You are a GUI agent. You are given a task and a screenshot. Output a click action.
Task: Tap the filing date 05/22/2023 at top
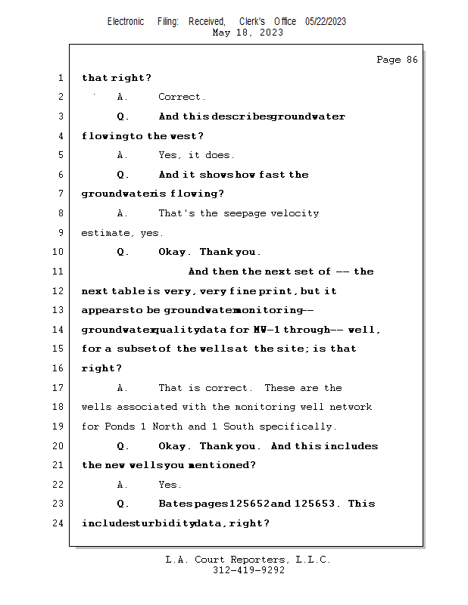[x=326, y=21]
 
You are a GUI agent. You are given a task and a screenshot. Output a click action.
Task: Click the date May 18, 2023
[x=248, y=33]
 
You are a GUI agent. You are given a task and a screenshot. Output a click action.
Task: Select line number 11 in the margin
[x=58, y=271]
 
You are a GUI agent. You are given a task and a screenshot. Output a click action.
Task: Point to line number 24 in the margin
[x=58, y=523]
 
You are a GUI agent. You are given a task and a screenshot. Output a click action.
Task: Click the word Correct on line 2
[x=182, y=97]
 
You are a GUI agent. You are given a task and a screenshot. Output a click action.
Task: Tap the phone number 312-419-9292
[x=248, y=570]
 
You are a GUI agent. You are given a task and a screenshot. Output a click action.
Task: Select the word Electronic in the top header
[x=126, y=21]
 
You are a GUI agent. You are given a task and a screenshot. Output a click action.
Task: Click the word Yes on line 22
[x=169, y=485]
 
